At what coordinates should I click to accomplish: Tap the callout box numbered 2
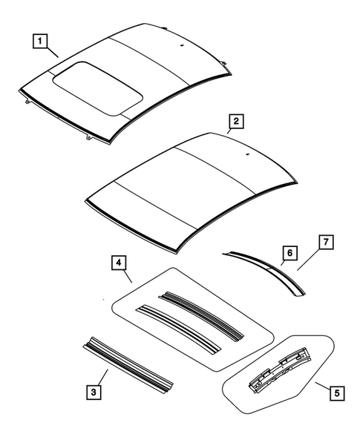235,121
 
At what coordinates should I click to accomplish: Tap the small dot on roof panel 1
180,46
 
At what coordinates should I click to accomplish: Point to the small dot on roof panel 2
246,156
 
